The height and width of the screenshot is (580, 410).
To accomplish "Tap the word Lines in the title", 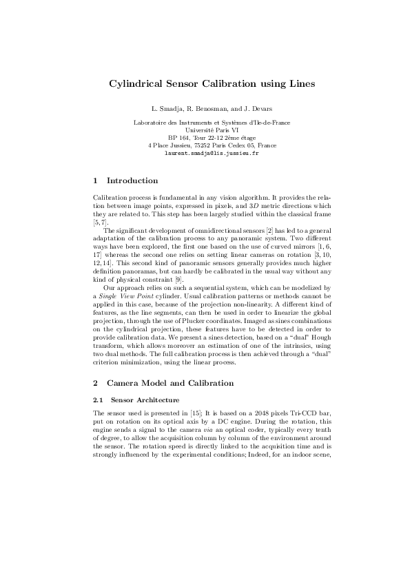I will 299,84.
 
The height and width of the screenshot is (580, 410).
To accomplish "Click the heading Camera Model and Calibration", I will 170,383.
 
